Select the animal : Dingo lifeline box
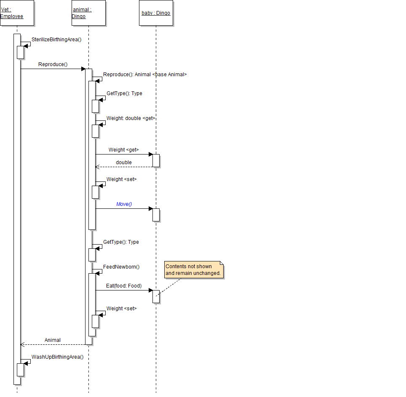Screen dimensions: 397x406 point(88,13)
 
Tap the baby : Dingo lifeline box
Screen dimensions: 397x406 point(156,13)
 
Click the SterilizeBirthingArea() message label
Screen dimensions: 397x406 point(56,40)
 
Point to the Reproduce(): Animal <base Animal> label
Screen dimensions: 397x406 point(145,75)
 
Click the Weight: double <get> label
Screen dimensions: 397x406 point(131,118)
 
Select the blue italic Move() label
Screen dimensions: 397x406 point(124,204)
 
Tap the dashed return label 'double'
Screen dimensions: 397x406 point(124,163)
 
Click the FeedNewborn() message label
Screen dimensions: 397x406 point(121,267)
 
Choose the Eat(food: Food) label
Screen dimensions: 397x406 point(124,286)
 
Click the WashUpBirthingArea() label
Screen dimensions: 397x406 point(58,357)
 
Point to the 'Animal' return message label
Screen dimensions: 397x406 point(53,340)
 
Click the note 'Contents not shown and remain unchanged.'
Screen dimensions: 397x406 point(193,270)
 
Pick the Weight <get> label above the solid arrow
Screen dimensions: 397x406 point(123,150)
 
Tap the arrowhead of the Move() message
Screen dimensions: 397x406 point(150,208)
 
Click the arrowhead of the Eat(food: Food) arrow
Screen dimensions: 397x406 point(150,290)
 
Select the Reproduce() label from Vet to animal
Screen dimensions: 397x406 point(53,65)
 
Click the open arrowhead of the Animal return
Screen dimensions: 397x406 point(22,344)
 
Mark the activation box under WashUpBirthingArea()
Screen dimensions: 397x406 point(20,370)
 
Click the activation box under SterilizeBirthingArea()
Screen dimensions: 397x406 point(20,52)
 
